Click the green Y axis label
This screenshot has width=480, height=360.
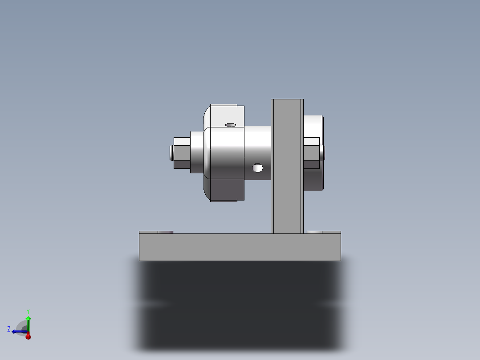point(28,311)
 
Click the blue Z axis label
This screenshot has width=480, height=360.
point(9,329)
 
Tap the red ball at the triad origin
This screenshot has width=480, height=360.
point(28,336)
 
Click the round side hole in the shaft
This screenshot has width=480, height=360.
point(257,168)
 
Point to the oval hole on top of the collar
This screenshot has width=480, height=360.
point(230,125)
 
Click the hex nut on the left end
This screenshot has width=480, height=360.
point(182,153)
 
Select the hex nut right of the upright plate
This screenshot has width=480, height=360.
point(311,153)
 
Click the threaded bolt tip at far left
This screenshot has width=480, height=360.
point(171,153)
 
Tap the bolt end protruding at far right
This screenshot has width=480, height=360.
point(323,153)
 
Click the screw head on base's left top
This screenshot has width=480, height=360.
point(165,232)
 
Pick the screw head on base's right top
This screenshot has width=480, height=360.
point(314,232)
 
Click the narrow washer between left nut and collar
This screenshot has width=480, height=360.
point(196,152)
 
